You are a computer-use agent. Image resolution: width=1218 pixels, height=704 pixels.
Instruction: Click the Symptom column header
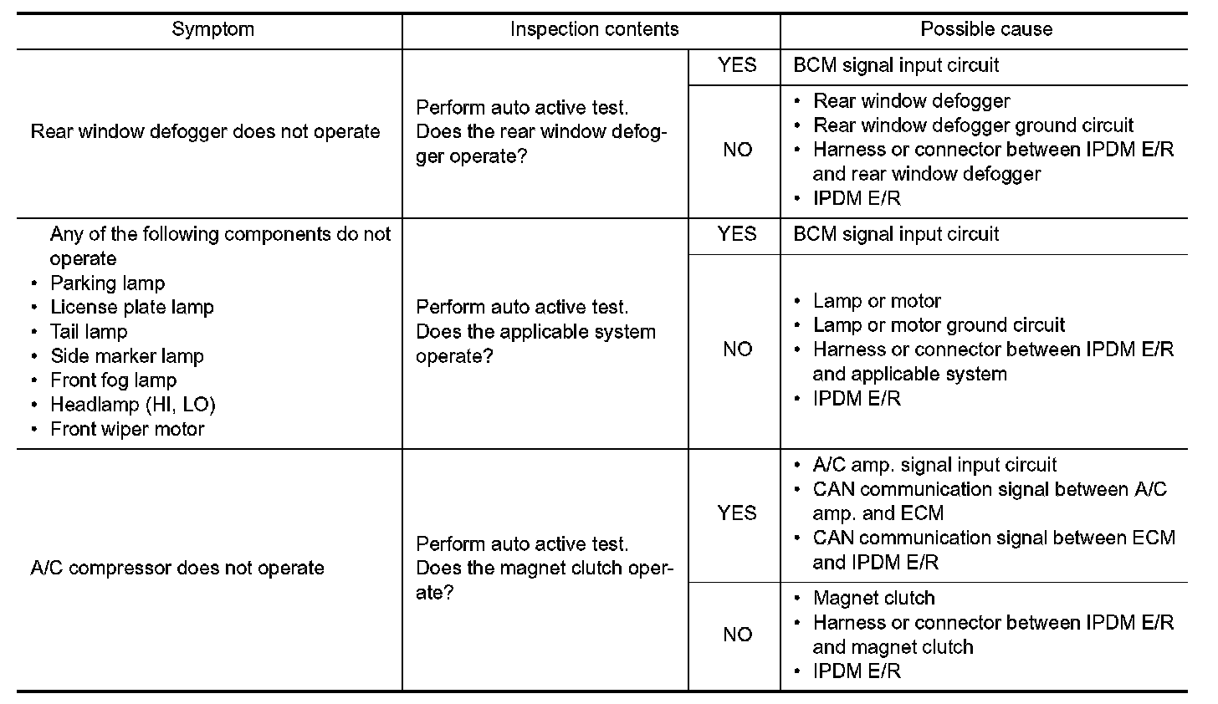212,29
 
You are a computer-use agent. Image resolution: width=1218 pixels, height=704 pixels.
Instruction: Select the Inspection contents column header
594,29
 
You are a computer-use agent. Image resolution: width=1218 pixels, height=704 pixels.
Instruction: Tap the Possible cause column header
986,29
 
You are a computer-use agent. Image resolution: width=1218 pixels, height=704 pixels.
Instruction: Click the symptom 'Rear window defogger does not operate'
205,132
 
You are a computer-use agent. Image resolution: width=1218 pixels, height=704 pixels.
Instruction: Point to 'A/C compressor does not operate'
177,569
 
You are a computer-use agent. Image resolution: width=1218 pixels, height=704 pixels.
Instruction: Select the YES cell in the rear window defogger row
736,65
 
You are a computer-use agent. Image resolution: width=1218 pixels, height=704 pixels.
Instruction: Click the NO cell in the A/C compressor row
737,635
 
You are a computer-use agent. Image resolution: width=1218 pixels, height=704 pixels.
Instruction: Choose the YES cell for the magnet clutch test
736,513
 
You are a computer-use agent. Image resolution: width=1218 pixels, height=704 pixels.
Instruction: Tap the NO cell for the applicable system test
737,349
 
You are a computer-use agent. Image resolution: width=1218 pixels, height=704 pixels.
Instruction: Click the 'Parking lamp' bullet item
107,283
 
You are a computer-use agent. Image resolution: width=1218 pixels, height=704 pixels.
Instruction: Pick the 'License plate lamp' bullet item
132,308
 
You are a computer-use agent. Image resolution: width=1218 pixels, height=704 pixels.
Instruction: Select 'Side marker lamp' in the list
127,356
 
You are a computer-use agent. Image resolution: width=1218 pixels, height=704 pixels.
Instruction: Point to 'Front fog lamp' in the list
114,380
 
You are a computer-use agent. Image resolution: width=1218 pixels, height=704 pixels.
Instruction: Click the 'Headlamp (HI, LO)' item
133,405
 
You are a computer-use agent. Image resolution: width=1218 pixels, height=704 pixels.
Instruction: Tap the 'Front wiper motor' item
127,429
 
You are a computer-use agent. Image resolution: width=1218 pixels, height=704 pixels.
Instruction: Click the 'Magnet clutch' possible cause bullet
873,598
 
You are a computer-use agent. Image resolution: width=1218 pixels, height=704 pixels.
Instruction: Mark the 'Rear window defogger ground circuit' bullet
973,125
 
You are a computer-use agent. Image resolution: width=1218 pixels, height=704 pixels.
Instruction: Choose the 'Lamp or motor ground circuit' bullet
939,325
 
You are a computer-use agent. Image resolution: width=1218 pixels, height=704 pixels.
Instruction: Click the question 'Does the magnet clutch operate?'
544,580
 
